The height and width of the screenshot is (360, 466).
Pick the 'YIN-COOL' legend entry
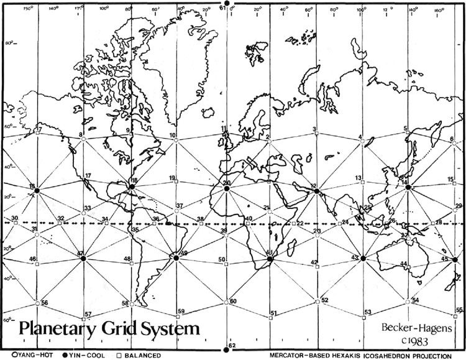79,356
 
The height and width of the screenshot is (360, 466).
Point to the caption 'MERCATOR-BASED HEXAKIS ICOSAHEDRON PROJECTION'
359,356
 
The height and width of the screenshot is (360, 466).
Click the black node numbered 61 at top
227,4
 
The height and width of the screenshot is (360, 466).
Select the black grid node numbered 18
132,186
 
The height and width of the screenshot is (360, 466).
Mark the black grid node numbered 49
176,256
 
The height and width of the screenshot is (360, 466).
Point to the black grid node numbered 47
83,257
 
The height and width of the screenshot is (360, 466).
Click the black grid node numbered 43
363,257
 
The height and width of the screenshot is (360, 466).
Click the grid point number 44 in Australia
408,264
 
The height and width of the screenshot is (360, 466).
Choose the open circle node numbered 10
176,140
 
